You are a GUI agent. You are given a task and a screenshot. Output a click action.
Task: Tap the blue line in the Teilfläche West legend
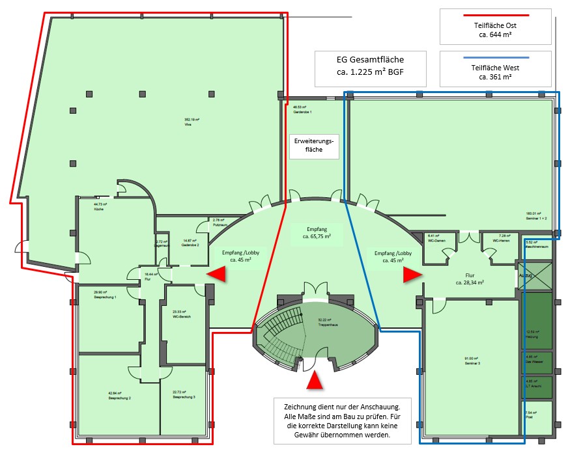pyautogui.click(x=495, y=57)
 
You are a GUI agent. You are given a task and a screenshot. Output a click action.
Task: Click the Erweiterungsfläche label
pyautogui.click(x=315, y=148)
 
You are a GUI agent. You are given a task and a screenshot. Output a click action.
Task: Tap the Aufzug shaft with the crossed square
pyautogui.click(x=535, y=275)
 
